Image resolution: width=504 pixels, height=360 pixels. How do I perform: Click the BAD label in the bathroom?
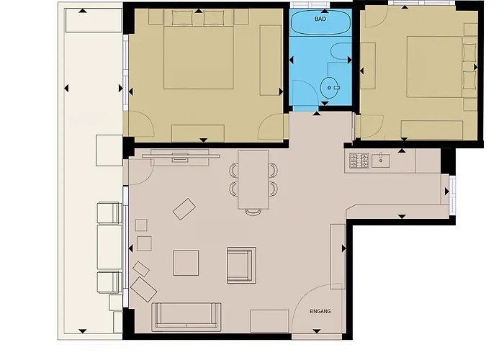click(320, 19)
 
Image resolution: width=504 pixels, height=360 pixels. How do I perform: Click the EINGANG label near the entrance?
click(320, 311)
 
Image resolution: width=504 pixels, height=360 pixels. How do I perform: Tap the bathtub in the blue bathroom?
click(320, 22)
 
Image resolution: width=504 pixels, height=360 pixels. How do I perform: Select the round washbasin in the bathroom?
click(329, 87)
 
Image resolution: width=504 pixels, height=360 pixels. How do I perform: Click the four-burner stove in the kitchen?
click(359, 161)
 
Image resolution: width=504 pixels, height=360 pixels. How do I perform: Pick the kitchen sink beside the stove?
click(381, 161)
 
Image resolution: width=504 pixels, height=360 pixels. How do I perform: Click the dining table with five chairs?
click(253, 180)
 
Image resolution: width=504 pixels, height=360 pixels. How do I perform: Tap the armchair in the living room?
click(241, 265)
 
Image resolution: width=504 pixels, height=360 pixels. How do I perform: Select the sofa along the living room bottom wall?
click(186, 317)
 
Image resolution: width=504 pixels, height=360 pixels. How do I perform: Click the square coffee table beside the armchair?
click(186, 263)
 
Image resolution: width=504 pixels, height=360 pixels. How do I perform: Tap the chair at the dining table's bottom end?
click(253, 212)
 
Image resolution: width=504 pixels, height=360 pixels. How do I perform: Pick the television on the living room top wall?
click(180, 156)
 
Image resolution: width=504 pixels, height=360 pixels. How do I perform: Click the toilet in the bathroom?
click(341, 51)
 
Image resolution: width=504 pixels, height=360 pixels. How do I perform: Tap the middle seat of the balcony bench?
click(109, 247)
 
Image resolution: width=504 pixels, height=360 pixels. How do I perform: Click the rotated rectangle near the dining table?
click(184, 209)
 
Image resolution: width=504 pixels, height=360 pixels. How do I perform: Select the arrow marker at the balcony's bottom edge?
click(83, 331)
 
